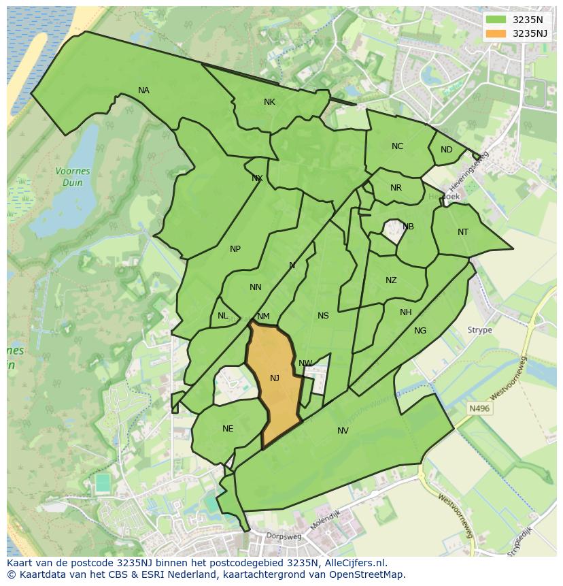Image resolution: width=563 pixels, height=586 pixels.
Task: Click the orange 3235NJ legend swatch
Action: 496,33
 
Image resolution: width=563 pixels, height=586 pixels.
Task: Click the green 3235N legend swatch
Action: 496,20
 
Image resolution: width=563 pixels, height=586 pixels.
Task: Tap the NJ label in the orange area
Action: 275,378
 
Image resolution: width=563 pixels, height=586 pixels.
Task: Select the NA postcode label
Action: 143,91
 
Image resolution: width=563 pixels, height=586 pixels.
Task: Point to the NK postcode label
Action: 269,102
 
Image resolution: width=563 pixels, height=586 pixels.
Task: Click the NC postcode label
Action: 397,146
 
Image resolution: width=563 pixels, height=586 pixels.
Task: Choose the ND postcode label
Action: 446,150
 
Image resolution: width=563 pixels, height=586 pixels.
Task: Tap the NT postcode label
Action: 463,232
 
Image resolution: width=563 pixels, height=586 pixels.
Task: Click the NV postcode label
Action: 343,431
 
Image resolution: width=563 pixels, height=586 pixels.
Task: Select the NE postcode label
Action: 228,429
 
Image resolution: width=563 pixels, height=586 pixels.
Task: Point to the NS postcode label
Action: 323,316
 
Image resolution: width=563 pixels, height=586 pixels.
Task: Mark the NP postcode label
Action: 235,249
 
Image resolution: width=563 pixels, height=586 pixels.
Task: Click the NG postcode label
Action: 420,331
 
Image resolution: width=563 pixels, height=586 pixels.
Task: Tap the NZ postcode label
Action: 391,280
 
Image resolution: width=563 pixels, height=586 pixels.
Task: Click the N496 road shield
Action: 479,408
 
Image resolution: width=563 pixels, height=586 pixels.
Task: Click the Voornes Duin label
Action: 69,178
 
